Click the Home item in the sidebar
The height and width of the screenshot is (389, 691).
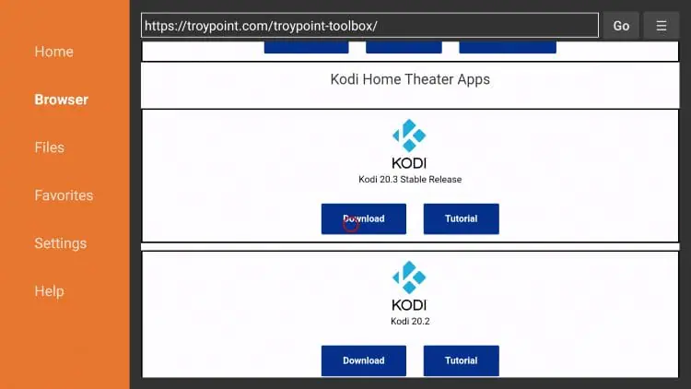[53, 52]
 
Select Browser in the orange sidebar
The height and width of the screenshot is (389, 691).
[61, 100]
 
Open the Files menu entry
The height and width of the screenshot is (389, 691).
[50, 147]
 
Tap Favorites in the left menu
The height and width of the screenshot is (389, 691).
[64, 195]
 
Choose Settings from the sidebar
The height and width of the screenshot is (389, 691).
[61, 243]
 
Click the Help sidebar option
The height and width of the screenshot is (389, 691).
[50, 291]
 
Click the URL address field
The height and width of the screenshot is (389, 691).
[369, 26]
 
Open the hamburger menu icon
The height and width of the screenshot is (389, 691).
[661, 26]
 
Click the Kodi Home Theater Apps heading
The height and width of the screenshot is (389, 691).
[410, 79]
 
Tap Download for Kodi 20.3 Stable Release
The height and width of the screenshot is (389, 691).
[364, 218]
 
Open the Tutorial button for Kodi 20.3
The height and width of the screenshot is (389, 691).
[461, 218]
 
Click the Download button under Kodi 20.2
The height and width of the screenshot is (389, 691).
[364, 360]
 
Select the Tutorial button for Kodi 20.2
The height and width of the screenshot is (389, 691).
[461, 360]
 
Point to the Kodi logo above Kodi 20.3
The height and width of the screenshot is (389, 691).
[409, 144]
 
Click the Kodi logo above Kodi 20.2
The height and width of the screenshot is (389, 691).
[409, 286]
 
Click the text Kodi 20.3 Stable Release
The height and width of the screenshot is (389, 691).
[410, 180]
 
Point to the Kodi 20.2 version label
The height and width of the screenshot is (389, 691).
[410, 322]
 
